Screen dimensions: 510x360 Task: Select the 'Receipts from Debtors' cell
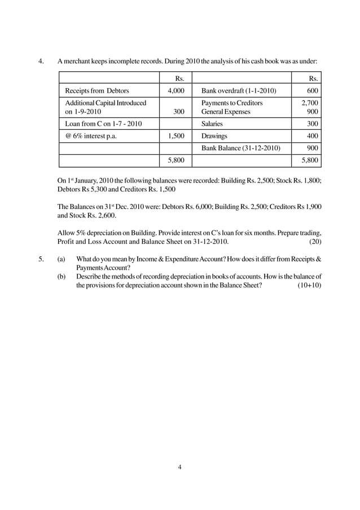tap(97, 91)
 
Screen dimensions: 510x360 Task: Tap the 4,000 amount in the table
tap(175, 91)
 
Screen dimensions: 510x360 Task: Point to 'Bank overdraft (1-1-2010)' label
tap(239, 91)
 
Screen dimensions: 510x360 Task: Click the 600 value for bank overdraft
tap(312, 91)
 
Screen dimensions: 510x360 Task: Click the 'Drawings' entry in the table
tap(214, 136)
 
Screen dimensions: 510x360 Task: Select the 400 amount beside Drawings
tap(312, 136)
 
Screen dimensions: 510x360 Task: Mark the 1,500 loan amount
tap(175, 136)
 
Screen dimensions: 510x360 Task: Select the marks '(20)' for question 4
tap(315, 242)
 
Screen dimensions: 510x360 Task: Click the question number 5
tap(40, 260)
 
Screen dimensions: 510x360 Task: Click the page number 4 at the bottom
tap(179, 467)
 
